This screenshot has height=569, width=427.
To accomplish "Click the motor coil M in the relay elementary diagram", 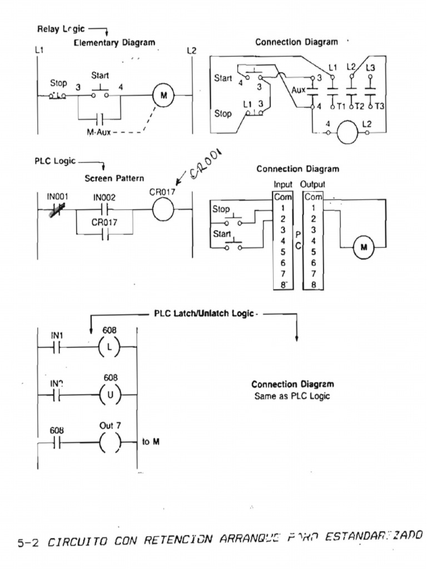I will (x=163, y=96).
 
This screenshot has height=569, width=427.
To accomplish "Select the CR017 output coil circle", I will (x=162, y=210).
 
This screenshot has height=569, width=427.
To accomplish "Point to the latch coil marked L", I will (x=110, y=346).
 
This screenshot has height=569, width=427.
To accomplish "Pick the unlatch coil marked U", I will (x=110, y=395).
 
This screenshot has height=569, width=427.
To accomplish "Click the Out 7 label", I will (x=110, y=426).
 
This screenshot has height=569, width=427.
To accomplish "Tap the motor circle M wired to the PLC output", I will (x=364, y=247).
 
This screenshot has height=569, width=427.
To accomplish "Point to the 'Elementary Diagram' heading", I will (x=114, y=42).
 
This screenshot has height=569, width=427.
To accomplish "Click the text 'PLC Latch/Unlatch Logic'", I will (x=204, y=313).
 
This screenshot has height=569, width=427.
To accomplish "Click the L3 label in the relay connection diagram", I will (x=370, y=67).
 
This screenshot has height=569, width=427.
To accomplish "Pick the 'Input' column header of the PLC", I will (x=283, y=184).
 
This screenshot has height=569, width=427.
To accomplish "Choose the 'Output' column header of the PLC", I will (x=313, y=184).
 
